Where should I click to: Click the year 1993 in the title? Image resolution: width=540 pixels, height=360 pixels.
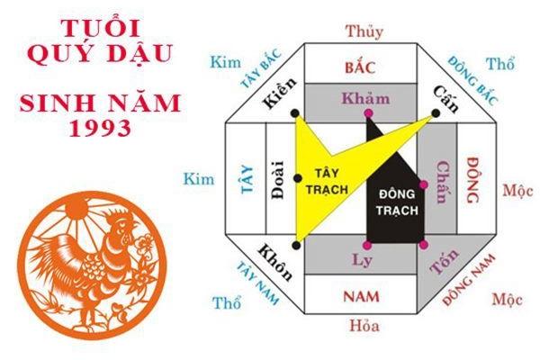tap(100, 128)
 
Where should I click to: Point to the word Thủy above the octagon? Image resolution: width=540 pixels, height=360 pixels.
tap(364, 31)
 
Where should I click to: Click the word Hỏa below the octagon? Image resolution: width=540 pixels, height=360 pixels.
tap(364, 326)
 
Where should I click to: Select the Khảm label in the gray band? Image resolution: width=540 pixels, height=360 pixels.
tap(365, 98)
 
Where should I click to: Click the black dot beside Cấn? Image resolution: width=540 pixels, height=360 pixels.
tap(436, 113)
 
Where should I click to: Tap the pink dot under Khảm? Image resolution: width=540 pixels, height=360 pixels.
tap(368, 113)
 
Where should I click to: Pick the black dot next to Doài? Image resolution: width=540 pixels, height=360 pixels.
tap(298, 178)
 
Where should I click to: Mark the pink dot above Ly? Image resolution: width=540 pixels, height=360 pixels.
tap(367, 245)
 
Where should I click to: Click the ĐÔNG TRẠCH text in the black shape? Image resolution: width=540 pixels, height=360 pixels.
tap(397, 202)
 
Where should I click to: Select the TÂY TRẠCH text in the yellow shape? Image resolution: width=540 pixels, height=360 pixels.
tap(327, 181)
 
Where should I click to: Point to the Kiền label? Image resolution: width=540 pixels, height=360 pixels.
tap(279, 93)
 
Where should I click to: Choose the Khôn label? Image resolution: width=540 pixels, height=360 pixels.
tap(275, 262)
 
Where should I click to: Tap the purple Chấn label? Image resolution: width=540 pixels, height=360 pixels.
tap(443, 182)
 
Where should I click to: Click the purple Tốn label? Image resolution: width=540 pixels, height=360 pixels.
tap(445, 261)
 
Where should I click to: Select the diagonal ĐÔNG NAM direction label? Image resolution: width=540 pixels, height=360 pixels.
tap(469, 280)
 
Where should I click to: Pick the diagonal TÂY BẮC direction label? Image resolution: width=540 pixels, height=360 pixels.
tap(261, 68)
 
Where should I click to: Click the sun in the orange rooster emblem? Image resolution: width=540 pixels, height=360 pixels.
tap(76, 209)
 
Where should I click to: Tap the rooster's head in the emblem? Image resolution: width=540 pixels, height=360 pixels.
tap(121, 223)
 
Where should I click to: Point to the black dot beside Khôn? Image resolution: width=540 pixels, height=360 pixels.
tap(296, 246)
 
